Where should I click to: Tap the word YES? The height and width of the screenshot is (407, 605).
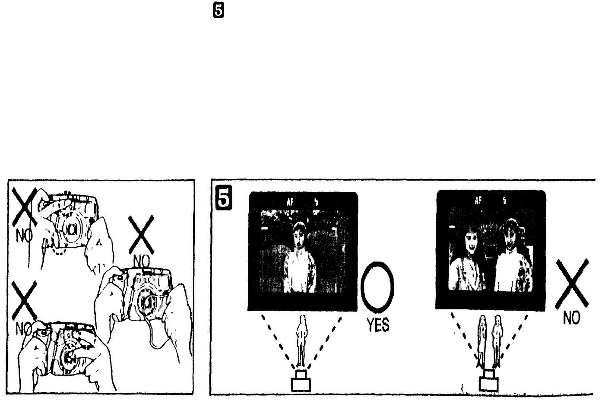tap(378, 324)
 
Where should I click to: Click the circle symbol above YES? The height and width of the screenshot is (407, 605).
tap(378, 285)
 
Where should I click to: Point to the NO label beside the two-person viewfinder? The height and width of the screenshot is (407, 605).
tap(571, 318)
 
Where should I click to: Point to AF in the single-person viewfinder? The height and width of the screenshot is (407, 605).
tap(291, 201)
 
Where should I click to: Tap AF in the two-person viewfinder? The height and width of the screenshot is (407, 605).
tap(478, 200)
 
